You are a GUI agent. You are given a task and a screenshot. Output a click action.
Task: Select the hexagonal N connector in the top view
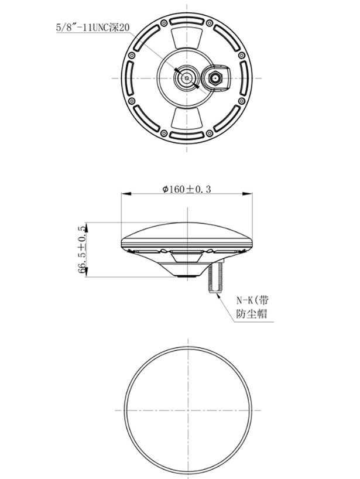(215, 77)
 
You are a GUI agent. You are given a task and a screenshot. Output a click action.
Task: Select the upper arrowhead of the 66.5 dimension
(87, 225)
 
